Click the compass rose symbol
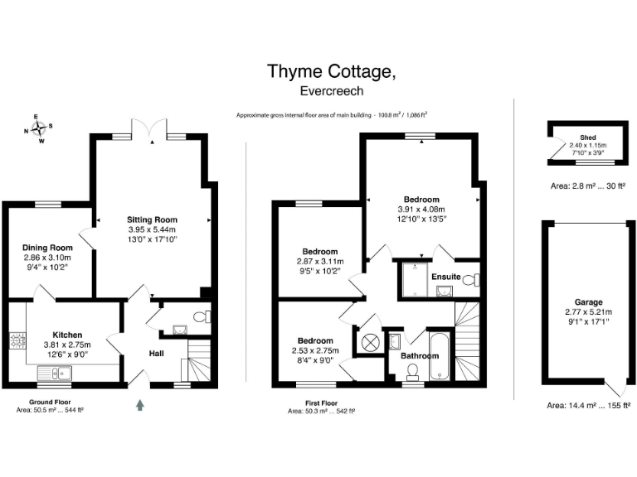pos(37,129)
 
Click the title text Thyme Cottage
pos(331,72)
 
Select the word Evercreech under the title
pos(331,92)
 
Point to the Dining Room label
pos(47,247)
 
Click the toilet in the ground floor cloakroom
pos(202,316)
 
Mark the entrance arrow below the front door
pos(139,405)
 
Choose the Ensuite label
pos(447,276)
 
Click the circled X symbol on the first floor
pos(368,340)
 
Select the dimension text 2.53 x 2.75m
pos(316,351)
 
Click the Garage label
pos(588,302)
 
